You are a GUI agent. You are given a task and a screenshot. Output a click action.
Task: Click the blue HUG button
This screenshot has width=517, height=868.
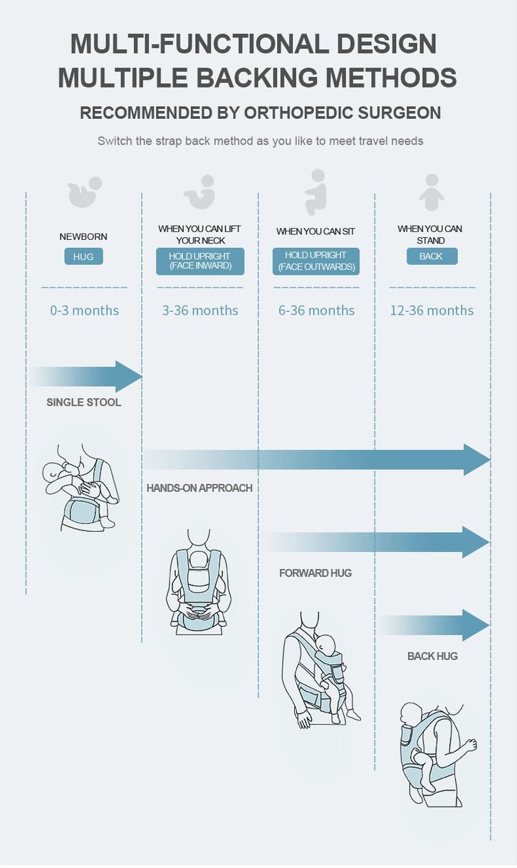[x=83, y=256]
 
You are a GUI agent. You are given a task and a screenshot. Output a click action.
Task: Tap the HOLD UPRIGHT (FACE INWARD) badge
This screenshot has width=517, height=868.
[x=200, y=261]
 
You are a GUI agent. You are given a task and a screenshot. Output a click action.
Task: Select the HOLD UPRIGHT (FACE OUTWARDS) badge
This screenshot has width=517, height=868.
[x=316, y=261]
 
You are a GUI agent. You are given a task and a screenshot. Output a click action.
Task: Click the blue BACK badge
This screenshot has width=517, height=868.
[x=432, y=256]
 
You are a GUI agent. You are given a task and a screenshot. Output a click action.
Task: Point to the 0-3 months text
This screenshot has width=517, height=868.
[x=85, y=310]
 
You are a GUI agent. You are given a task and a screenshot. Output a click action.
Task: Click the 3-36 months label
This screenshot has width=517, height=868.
[x=200, y=310]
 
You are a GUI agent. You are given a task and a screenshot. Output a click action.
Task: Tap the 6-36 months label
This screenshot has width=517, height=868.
[x=316, y=310]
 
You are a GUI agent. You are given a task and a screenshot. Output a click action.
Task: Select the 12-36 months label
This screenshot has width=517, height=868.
[x=432, y=310]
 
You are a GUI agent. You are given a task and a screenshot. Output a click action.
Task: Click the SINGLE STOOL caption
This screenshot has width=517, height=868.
[x=84, y=402]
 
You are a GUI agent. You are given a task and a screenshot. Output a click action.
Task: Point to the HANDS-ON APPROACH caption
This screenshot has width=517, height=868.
[x=199, y=488]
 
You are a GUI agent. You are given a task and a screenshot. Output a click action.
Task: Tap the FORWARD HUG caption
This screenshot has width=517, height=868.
[x=315, y=572]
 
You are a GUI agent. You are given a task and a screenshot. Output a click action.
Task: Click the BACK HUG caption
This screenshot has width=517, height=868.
[x=432, y=656]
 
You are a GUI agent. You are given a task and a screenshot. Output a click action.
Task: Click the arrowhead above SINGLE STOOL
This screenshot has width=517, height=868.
[x=127, y=376]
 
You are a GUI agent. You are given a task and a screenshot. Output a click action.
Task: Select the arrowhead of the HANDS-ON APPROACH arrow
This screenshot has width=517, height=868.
[x=476, y=460]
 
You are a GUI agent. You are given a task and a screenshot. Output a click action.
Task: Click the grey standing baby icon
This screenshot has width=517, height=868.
[x=432, y=192]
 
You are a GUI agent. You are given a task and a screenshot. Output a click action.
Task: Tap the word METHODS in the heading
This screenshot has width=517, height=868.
[x=391, y=77]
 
